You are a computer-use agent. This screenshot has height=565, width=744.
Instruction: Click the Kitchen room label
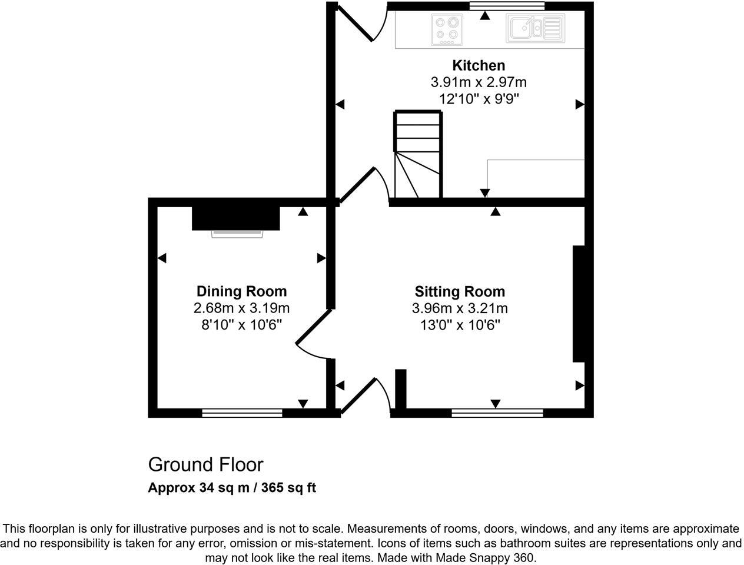[478, 65]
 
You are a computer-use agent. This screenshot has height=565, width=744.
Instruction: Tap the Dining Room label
[241, 291]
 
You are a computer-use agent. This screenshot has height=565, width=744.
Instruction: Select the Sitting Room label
[460, 291]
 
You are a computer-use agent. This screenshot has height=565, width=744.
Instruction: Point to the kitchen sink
[534, 29]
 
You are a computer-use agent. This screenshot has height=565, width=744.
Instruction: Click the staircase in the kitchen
[418, 155]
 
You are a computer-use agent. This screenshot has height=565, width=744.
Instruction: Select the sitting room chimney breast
[579, 304]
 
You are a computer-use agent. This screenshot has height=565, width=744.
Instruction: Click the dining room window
[242, 413]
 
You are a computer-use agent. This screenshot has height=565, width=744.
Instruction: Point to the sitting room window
[497, 413]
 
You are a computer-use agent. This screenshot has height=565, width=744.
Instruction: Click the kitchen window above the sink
[507, 6]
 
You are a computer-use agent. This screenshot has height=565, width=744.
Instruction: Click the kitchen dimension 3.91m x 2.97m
[478, 82]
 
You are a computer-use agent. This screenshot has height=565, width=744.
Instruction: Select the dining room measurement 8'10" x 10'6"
[241, 324]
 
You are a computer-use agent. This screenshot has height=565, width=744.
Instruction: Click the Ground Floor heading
[205, 464]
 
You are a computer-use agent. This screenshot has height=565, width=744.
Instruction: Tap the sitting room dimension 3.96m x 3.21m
[460, 308]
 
